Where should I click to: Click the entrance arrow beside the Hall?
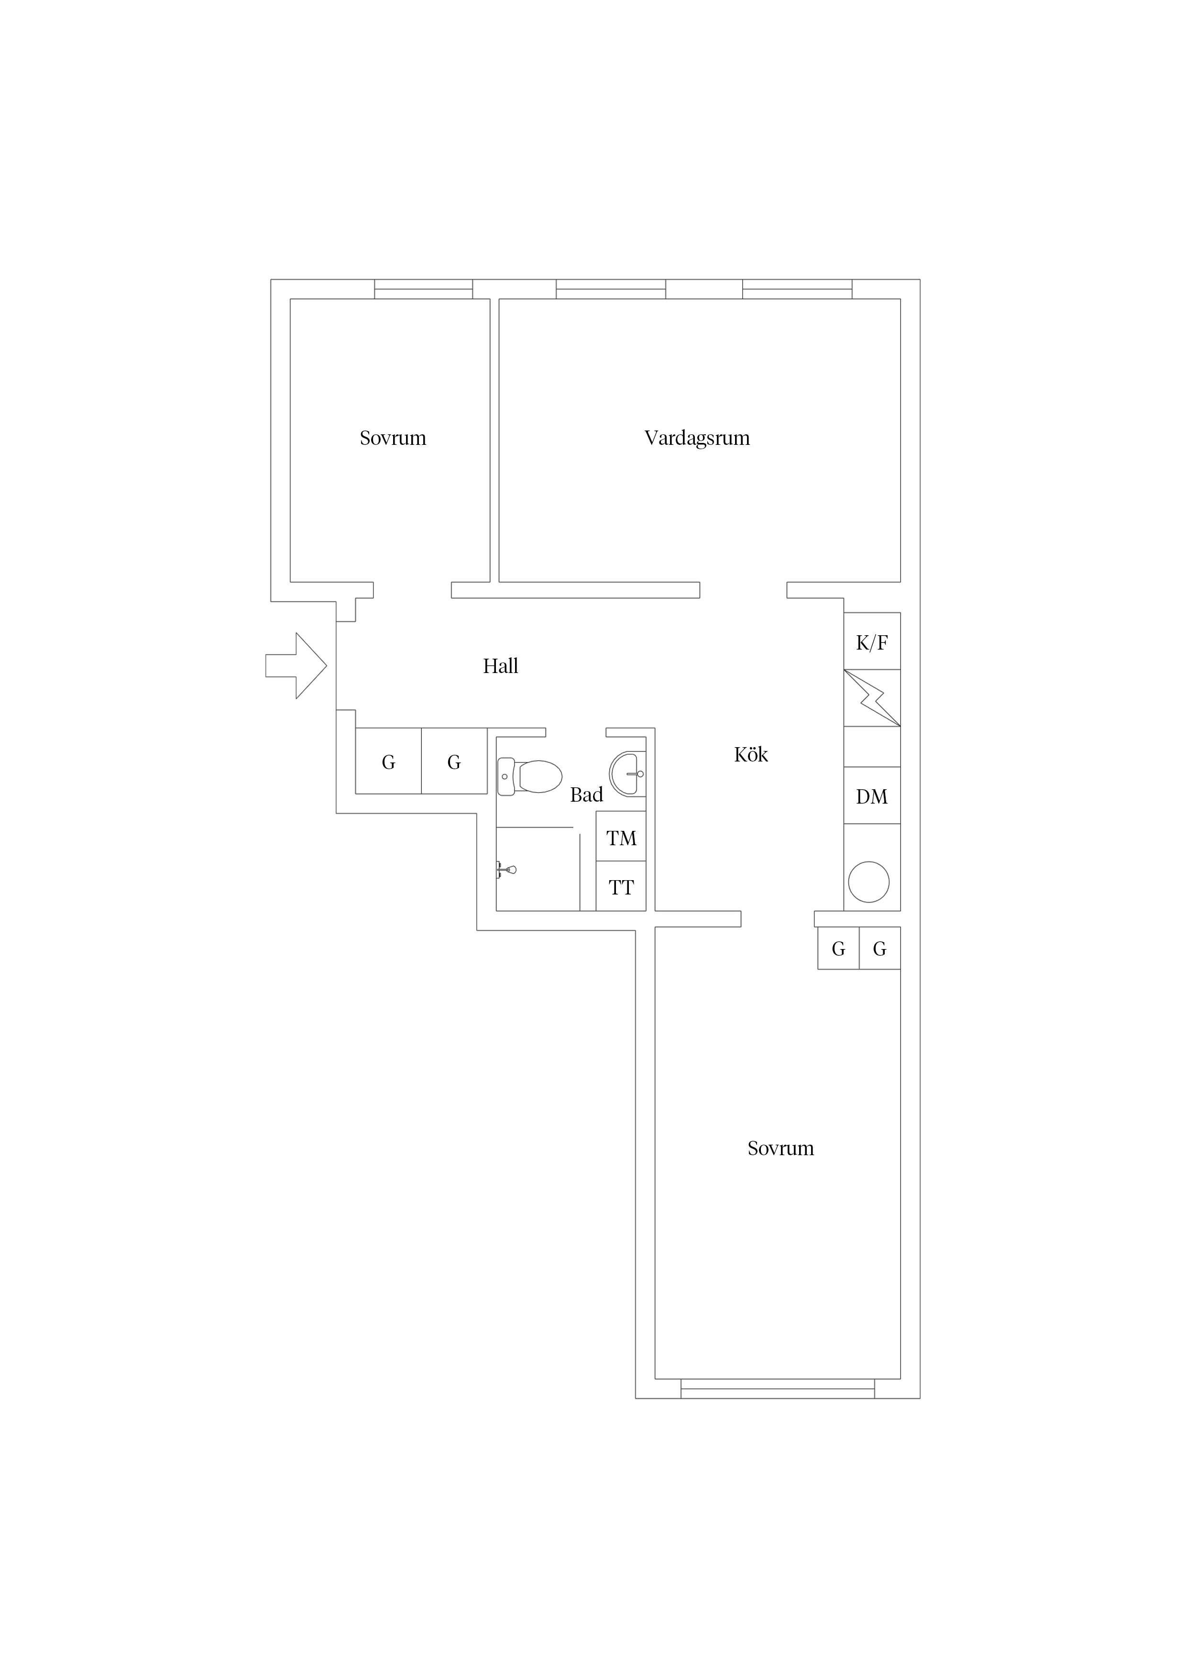pyautogui.click(x=296, y=666)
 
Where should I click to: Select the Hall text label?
pyautogui.click(x=501, y=666)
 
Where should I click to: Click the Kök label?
pyautogui.click(x=751, y=754)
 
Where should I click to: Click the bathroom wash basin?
pyautogui.click(x=628, y=773)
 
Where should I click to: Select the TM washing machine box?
pyautogui.click(x=621, y=836)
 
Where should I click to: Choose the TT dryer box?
pyautogui.click(x=621, y=886)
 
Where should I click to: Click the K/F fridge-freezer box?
pyautogui.click(x=872, y=641)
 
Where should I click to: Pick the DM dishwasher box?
pyautogui.click(x=872, y=795)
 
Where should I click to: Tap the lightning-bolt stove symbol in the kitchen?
pyautogui.click(x=872, y=698)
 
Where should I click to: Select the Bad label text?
pyautogui.click(x=587, y=795)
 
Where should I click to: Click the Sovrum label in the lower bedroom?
pyautogui.click(x=780, y=1148)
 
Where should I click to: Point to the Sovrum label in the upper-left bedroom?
pyautogui.click(x=393, y=438)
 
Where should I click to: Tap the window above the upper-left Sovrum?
pyautogui.click(x=424, y=289)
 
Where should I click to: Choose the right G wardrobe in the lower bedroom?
pyautogui.click(x=880, y=948)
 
